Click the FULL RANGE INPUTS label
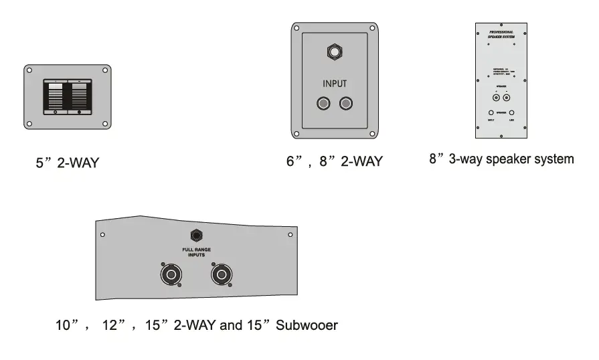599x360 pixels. [x=197, y=252]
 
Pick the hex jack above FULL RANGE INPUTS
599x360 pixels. [x=197, y=236]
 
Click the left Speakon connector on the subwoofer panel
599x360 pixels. [x=169, y=274]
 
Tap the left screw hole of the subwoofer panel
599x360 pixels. [x=102, y=235]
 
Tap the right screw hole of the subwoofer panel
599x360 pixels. [x=290, y=235]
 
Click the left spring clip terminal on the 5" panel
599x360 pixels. [x=56, y=97]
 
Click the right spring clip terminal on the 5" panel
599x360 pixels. [x=79, y=97]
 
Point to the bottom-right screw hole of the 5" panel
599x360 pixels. [x=105, y=123]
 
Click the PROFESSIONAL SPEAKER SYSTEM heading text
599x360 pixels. [x=501, y=33]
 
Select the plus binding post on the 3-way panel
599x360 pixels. [x=496, y=96]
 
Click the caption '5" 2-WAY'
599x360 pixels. [x=67, y=163]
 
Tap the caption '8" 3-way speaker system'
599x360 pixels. [x=501, y=159]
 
